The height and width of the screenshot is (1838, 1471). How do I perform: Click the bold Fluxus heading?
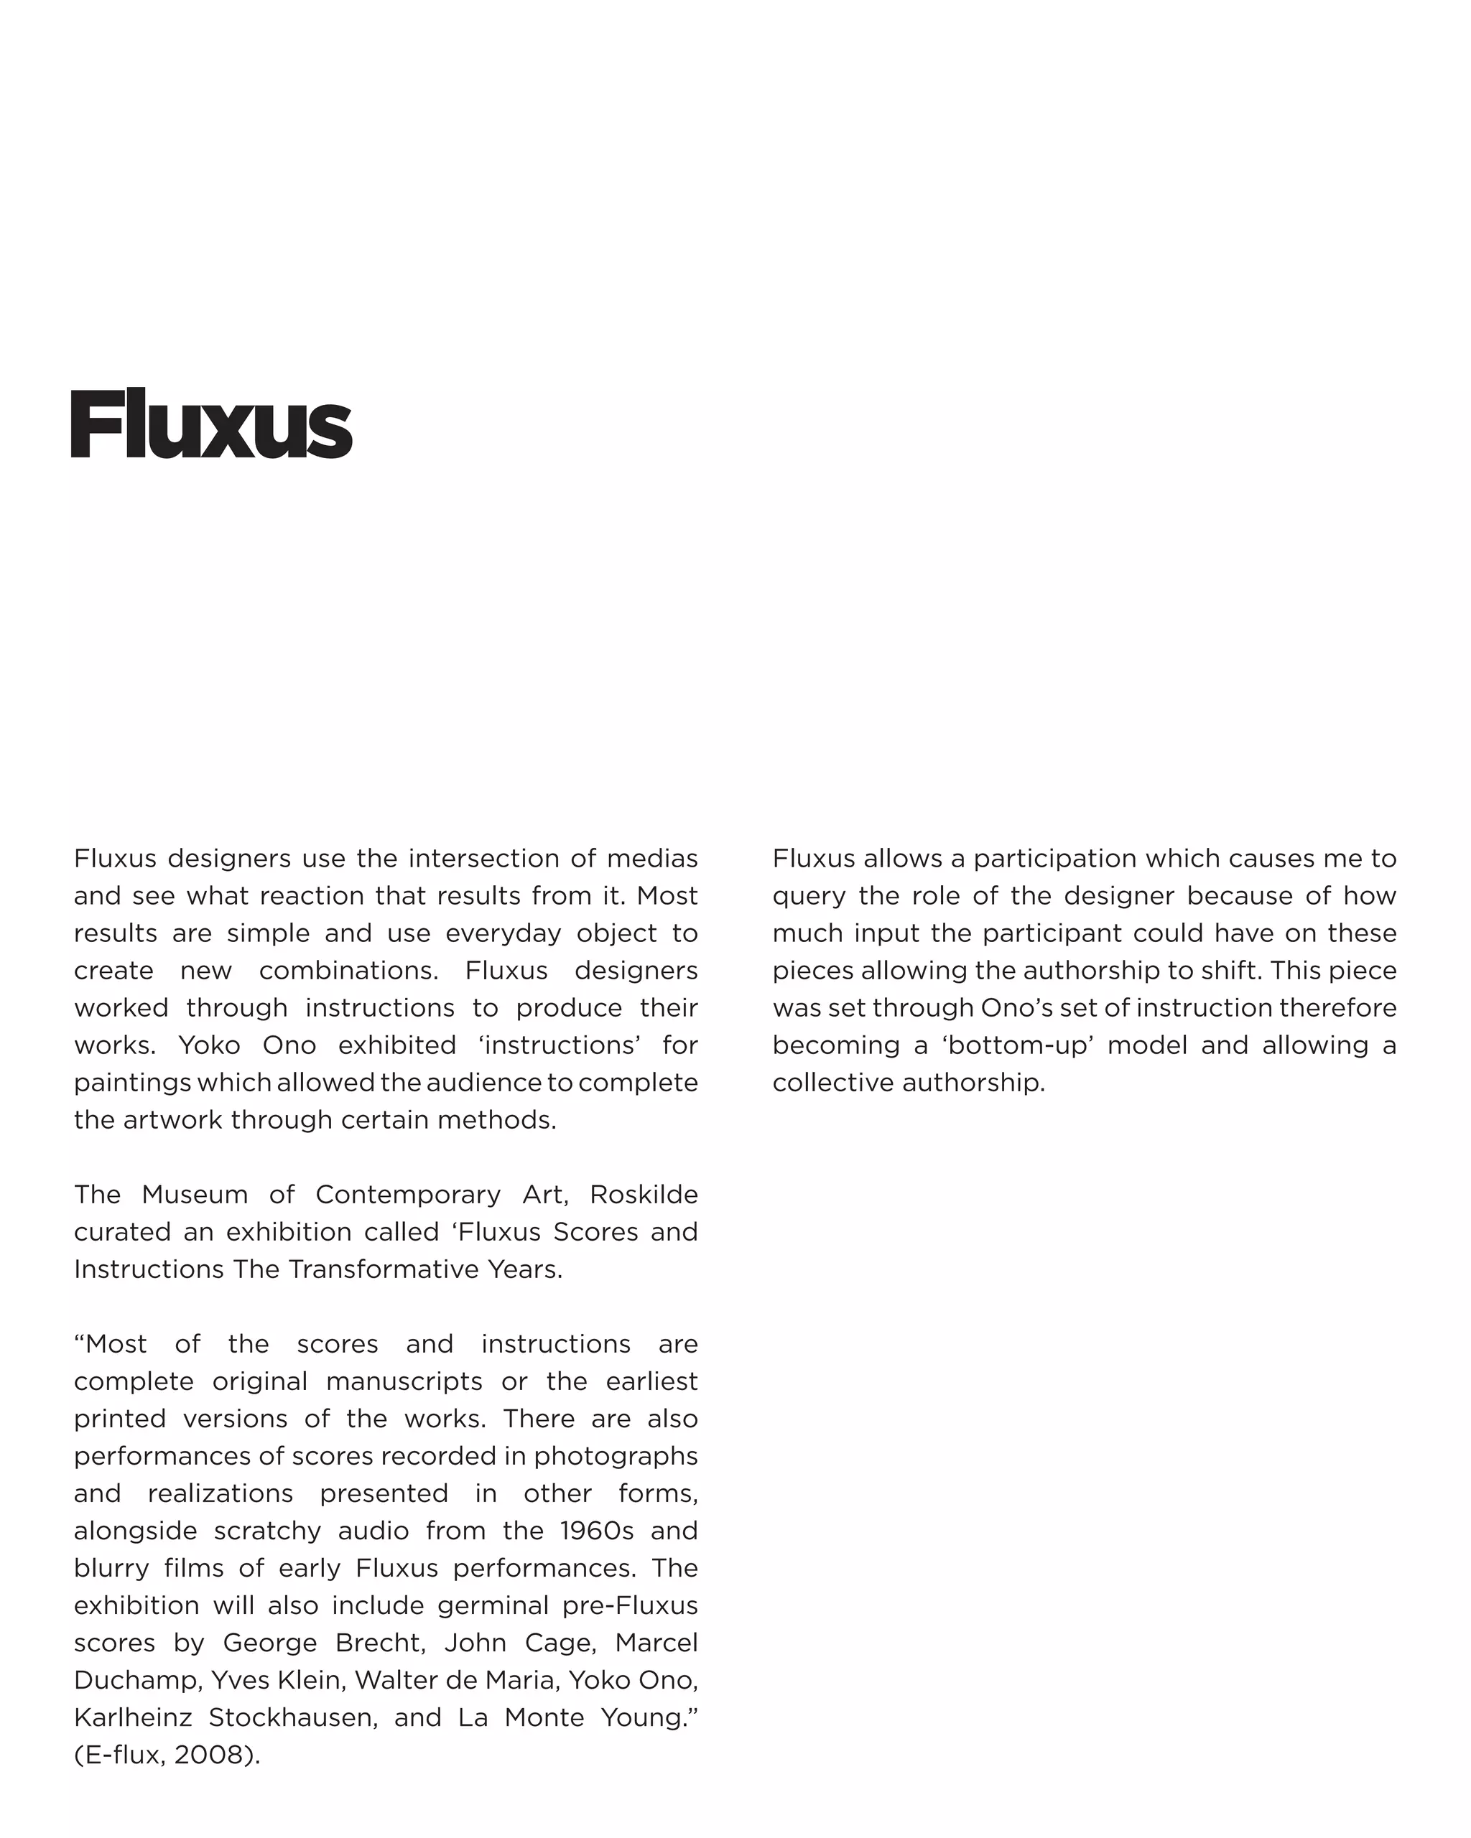point(210,424)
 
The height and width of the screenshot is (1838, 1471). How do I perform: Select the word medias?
point(652,859)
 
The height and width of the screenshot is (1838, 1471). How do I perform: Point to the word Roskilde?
point(644,1195)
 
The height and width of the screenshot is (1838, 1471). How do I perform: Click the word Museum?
point(195,1195)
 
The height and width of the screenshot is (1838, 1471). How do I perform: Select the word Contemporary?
point(408,1195)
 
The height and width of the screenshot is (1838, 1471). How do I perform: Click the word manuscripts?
point(404,1381)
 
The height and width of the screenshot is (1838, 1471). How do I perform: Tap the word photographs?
point(616,1456)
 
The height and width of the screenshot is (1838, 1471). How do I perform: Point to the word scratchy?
point(267,1531)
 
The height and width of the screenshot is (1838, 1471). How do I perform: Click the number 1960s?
point(597,1531)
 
